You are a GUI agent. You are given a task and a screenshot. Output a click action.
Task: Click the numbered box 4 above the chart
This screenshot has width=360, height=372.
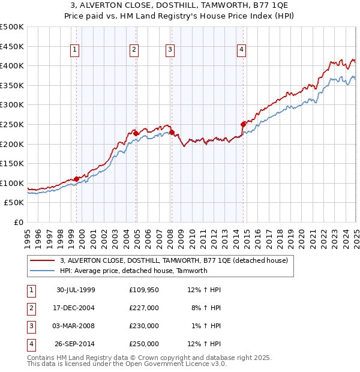click(x=241, y=50)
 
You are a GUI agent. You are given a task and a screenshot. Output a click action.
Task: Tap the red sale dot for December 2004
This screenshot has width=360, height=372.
click(x=136, y=133)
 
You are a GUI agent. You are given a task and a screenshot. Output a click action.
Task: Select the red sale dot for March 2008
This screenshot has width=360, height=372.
click(x=172, y=132)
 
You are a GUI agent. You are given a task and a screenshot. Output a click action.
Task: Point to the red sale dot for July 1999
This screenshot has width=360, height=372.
click(x=77, y=179)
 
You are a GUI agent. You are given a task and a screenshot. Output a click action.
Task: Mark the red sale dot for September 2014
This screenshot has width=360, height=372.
click(x=243, y=124)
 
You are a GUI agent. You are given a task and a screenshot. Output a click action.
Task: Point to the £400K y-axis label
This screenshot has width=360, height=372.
click(x=12, y=65)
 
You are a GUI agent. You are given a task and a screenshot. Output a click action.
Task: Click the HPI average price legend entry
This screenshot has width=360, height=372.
click(x=133, y=271)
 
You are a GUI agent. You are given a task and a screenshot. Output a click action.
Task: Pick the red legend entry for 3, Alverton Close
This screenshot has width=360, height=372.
click(x=174, y=260)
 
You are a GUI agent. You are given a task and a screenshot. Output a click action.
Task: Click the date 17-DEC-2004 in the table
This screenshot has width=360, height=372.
click(x=76, y=308)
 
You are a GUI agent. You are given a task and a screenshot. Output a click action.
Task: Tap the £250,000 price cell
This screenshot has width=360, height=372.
click(x=144, y=344)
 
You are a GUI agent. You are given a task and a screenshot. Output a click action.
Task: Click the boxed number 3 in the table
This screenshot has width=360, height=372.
click(x=29, y=326)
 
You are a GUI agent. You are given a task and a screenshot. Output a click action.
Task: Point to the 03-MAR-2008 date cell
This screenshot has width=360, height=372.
click(x=76, y=326)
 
